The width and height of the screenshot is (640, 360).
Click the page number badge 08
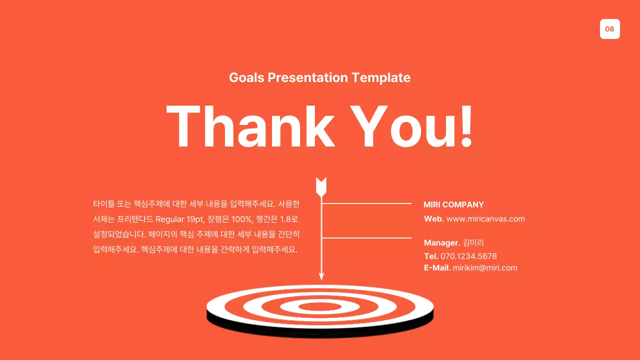pyautogui.click(x=609, y=29)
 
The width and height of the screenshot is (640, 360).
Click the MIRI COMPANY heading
pyautogui.click(x=453, y=204)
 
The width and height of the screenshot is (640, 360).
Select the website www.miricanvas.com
pyautogui.click(x=485, y=219)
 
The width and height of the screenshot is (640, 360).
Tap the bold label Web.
pyautogui.click(x=433, y=219)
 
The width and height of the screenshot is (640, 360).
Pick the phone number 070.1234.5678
pyautogui.click(x=468, y=256)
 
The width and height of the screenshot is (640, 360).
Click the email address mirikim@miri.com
pyautogui.click(x=484, y=268)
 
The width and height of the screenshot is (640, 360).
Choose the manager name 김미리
pyautogui.click(x=473, y=243)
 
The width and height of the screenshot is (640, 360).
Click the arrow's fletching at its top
pyautogui.click(x=321, y=186)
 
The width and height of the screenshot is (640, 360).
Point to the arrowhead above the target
pyautogui.click(x=321, y=275)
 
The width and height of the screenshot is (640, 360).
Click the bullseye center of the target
pyautogui.click(x=320, y=306)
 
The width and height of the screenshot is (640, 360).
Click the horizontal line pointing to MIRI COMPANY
pyautogui.click(x=366, y=204)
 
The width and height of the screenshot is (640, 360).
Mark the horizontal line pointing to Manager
pyautogui.click(x=366, y=238)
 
